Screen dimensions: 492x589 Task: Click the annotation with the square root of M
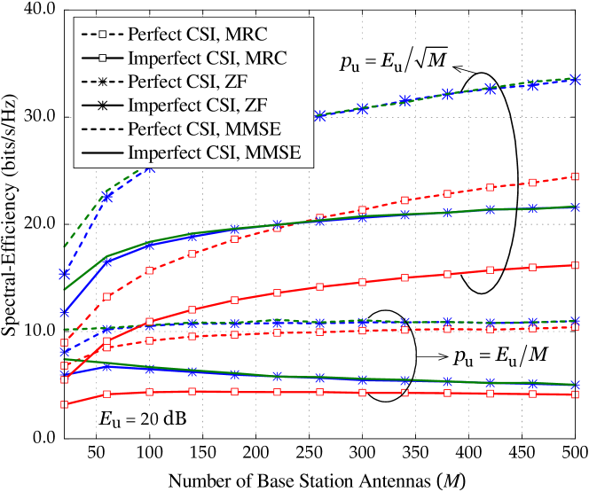point(393,60)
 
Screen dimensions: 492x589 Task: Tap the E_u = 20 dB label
point(143,418)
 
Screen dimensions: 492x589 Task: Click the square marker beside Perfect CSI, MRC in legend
point(103,35)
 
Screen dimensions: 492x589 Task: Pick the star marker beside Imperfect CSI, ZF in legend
point(103,105)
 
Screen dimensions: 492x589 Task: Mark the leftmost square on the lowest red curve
point(65,405)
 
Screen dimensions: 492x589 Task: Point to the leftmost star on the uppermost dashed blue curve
point(65,275)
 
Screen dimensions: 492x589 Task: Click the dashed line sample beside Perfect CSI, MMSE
point(103,129)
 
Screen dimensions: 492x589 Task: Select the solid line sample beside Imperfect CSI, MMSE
point(103,152)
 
